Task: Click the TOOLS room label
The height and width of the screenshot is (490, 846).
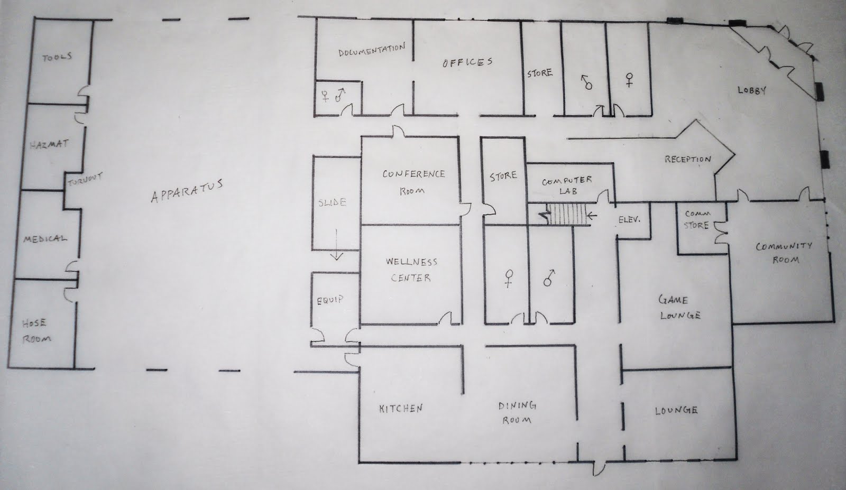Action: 57,57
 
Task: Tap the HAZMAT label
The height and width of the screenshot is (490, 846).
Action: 49,144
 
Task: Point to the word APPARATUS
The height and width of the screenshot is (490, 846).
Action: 187,191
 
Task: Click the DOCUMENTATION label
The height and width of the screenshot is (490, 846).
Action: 372,51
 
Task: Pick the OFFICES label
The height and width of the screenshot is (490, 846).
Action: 467,62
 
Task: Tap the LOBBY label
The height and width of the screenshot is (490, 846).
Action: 751,90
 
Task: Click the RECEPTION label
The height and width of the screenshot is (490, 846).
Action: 687,159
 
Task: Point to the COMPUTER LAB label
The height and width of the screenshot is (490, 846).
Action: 567,185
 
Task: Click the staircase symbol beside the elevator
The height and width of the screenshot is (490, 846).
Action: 566,215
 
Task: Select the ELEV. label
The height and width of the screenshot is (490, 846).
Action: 629,219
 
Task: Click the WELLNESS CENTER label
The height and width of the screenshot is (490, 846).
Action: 411,269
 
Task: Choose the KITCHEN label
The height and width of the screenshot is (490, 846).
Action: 401,408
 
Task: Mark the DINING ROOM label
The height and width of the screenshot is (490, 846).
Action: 517,412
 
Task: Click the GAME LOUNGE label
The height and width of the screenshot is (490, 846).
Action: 678,308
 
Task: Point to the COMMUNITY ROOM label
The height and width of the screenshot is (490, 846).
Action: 784,252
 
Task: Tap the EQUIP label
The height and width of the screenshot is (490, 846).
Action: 330,300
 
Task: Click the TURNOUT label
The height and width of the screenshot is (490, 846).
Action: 85,180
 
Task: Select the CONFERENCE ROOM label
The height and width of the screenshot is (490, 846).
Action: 413,181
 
